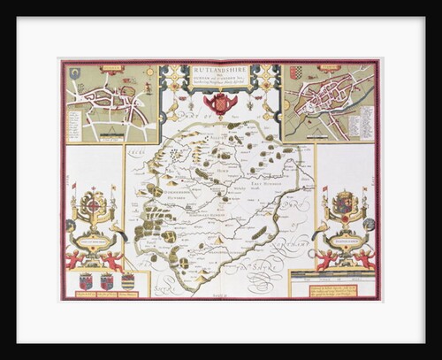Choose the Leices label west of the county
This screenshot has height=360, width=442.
tap(138, 155)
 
